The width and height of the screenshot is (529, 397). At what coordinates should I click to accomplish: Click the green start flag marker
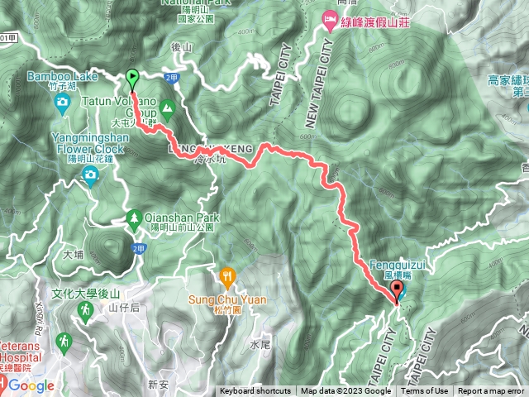(133, 79)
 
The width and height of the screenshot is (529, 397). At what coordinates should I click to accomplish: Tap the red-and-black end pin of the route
(397, 290)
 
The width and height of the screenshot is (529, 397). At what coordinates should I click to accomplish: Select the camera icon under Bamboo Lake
(63, 103)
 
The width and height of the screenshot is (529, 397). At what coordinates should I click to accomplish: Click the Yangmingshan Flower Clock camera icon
(89, 174)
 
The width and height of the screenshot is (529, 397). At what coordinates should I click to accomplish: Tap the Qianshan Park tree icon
(133, 218)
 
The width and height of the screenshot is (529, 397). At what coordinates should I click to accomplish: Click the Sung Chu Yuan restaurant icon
(228, 276)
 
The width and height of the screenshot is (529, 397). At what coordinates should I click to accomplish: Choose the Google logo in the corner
(31, 385)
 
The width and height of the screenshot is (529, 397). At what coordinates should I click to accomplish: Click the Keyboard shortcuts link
(255, 391)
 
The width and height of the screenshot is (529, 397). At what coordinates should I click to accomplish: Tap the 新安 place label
(158, 384)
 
